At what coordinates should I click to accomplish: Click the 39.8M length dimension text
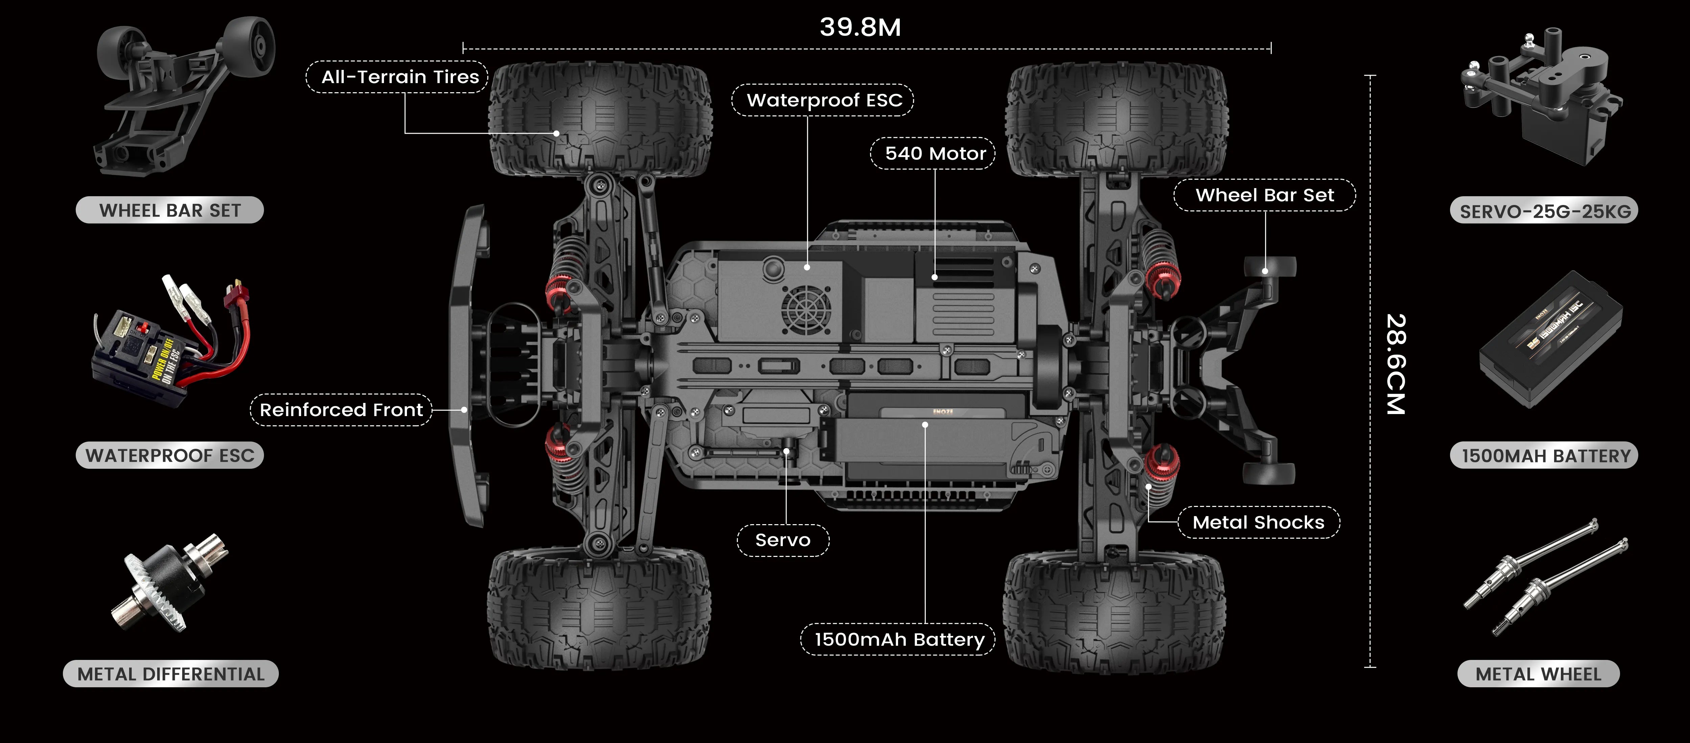coord(860,28)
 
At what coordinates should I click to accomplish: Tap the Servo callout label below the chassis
coord(783,540)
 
